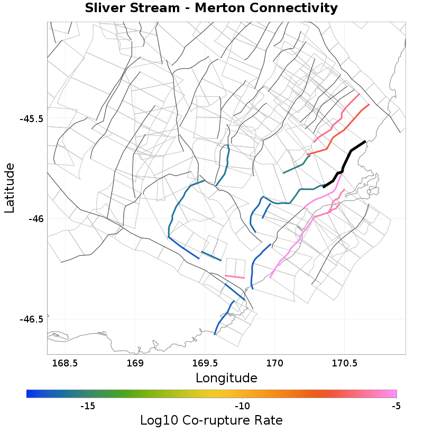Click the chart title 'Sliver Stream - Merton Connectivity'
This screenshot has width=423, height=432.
[x=211, y=8]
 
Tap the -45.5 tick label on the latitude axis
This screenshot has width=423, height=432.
[x=32, y=118]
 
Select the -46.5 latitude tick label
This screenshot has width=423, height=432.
[x=32, y=319]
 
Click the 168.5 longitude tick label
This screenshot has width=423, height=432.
[x=65, y=363]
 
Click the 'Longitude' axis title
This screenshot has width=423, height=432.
[x=226, y=378]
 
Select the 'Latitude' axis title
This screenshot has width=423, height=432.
[x=10, y=188]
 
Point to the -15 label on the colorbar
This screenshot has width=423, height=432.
[x=87, y=406]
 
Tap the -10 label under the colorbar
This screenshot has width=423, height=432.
[x=242, y=406]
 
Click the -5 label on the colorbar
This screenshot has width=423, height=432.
[x=396, y=406]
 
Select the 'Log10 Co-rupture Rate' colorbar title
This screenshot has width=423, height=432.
[x=211, y=420]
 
